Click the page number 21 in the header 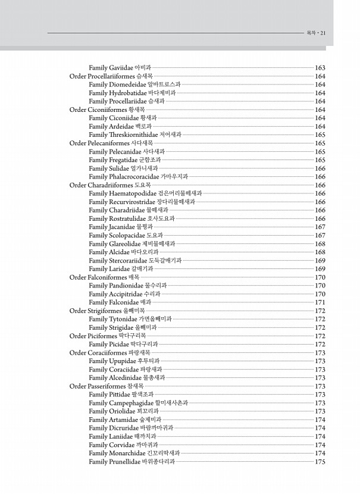[323, 33]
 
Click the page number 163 [320, 68]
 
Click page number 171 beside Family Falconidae [320, 302]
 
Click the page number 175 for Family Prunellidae [320, 462]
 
